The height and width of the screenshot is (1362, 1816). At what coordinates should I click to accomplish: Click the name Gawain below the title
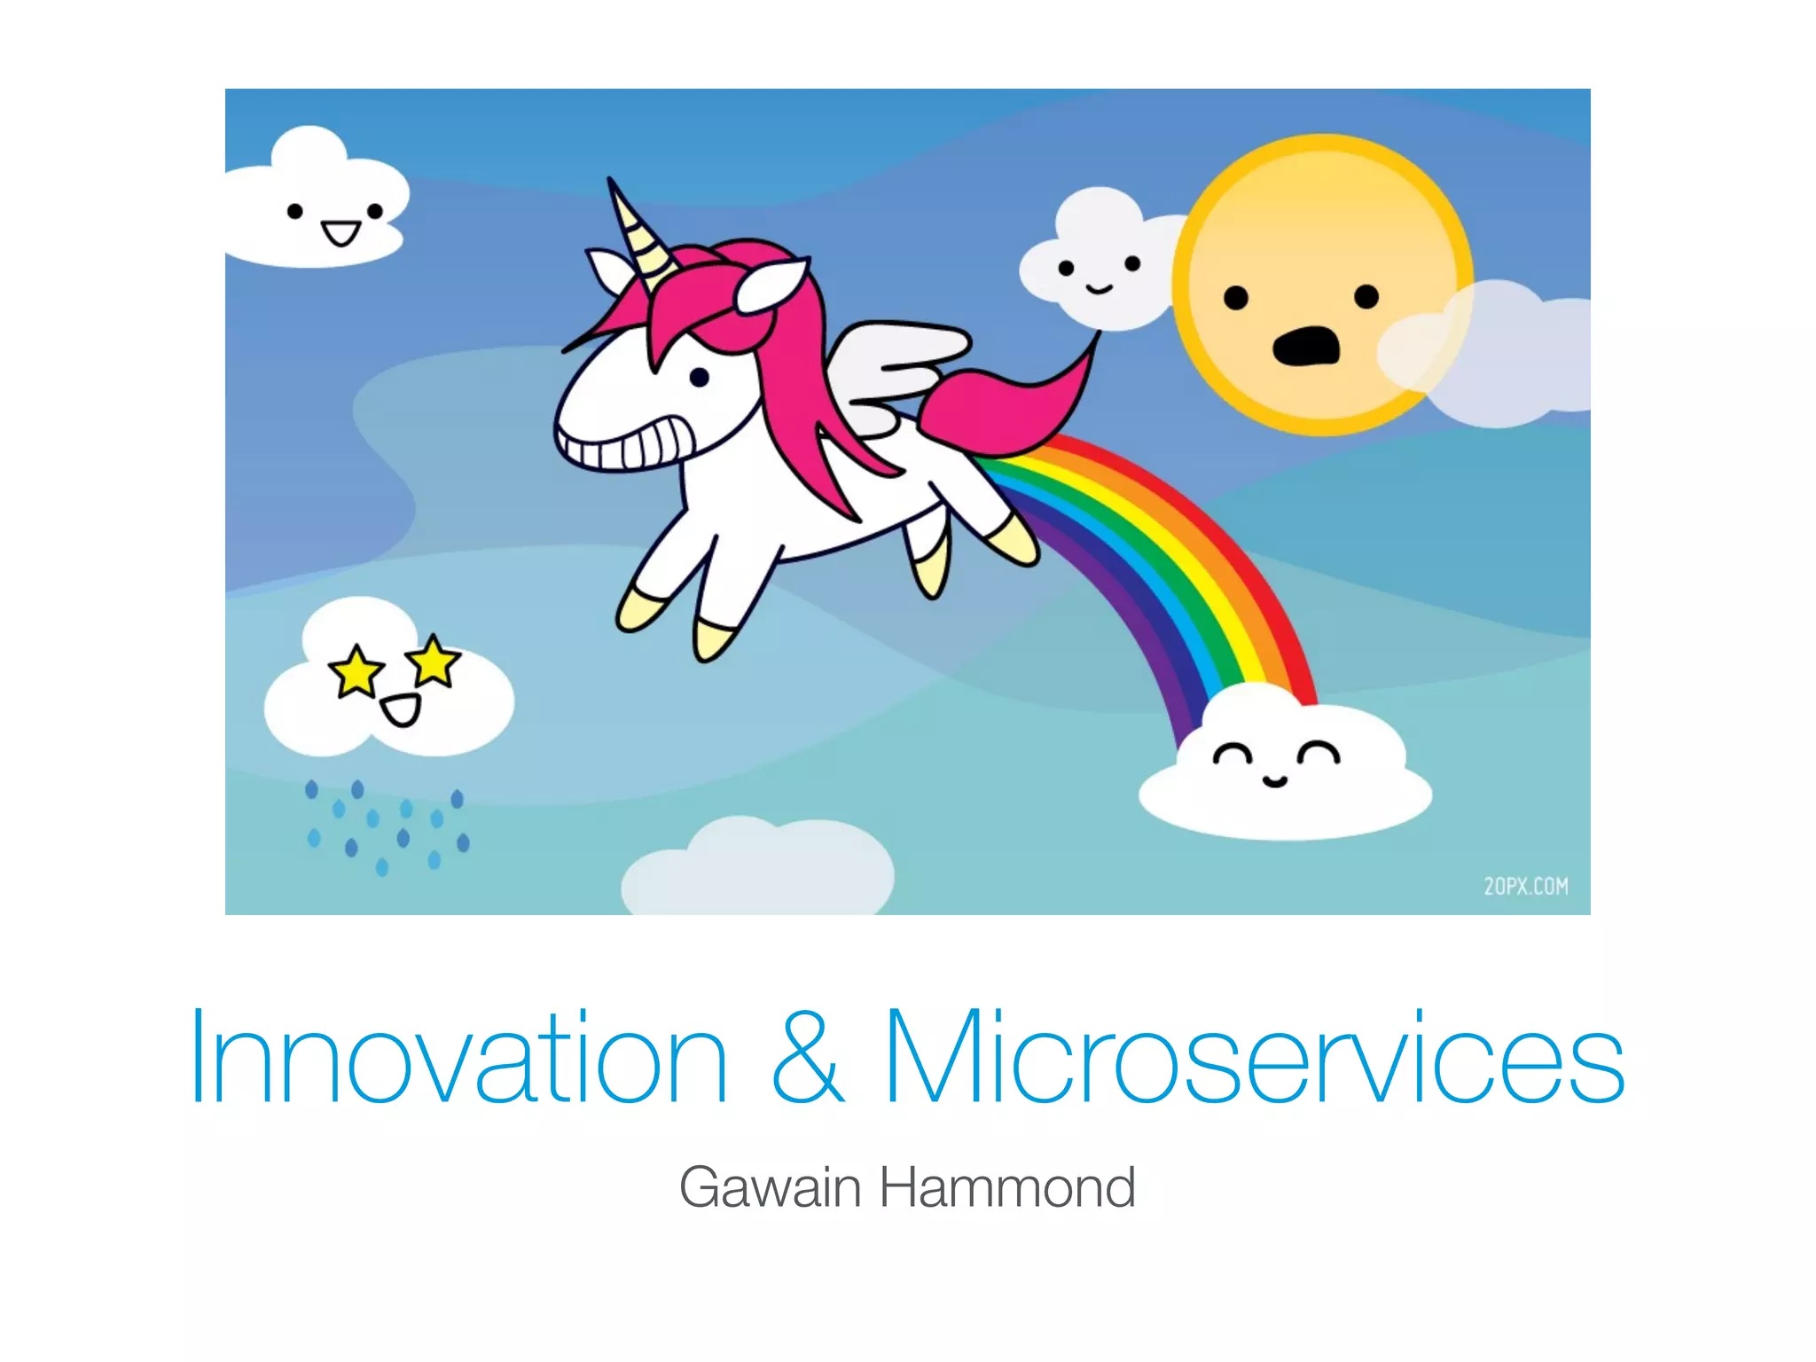tap(770, 1187)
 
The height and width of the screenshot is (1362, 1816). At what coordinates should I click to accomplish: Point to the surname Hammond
tap(1007, 1187)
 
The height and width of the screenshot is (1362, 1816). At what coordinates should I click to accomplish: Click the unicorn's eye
tap(699, 378)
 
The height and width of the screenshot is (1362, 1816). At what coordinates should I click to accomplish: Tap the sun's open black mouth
tap(1306, 346)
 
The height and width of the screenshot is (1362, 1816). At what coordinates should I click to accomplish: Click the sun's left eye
tap(1235, 298)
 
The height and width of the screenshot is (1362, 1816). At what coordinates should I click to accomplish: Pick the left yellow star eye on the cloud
tap(356, 671)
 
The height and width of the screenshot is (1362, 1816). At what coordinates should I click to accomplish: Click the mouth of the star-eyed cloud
tap(400, 710)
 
